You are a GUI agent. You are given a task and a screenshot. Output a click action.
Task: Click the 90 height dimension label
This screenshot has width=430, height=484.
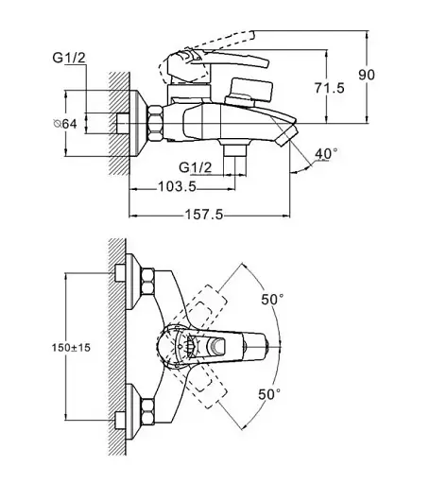[367, 75]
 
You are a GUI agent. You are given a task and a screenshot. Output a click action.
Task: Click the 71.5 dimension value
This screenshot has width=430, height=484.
[330, 88]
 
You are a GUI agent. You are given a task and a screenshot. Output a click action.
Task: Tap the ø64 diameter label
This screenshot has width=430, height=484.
[65, 124]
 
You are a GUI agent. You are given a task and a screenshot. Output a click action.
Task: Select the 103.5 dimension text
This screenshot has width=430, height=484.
[177, 186]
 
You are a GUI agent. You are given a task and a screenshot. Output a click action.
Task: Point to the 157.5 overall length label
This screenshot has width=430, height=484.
[204, 215]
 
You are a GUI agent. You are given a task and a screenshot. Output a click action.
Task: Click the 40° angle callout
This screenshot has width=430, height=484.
[326, 154]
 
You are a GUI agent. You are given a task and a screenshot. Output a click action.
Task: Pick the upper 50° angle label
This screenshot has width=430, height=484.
[272, 299]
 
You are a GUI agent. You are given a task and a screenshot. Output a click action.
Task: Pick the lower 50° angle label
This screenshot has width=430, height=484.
[269, 394]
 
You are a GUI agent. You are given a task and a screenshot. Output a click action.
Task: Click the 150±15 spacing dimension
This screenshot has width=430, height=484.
[71, 348]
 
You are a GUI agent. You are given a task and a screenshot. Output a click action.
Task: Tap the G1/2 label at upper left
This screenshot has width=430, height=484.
[69, 58]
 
